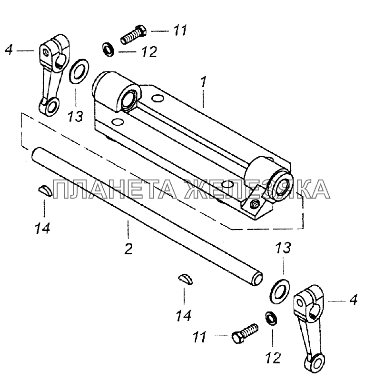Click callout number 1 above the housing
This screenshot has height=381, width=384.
[204, 81]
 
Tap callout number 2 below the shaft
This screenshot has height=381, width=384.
[128, 249]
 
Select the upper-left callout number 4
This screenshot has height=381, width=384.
[9, 50]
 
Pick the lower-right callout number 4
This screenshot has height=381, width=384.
[353, 300]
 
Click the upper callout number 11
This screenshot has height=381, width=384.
[180, 30]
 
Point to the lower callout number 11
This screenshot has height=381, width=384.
[199, 337]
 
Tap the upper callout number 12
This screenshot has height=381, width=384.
[149, 52]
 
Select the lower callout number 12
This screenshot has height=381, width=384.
[273, 358]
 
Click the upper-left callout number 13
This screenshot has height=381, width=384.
[75, 116]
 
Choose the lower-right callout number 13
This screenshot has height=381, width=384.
[283, 248]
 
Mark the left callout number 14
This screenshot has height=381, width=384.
[43, 228]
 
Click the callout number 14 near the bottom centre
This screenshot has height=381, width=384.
[184, 315]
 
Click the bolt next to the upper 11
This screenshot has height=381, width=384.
[134, 34]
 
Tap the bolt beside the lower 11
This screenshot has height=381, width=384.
[245, 333]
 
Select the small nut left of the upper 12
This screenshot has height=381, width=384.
[108, 49]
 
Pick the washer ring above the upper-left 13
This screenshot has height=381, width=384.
[79, 71]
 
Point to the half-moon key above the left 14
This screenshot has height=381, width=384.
[45, 191]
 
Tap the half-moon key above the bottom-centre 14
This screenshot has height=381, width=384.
[186, 280]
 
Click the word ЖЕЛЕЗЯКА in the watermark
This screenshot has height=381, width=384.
[257, 189]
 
